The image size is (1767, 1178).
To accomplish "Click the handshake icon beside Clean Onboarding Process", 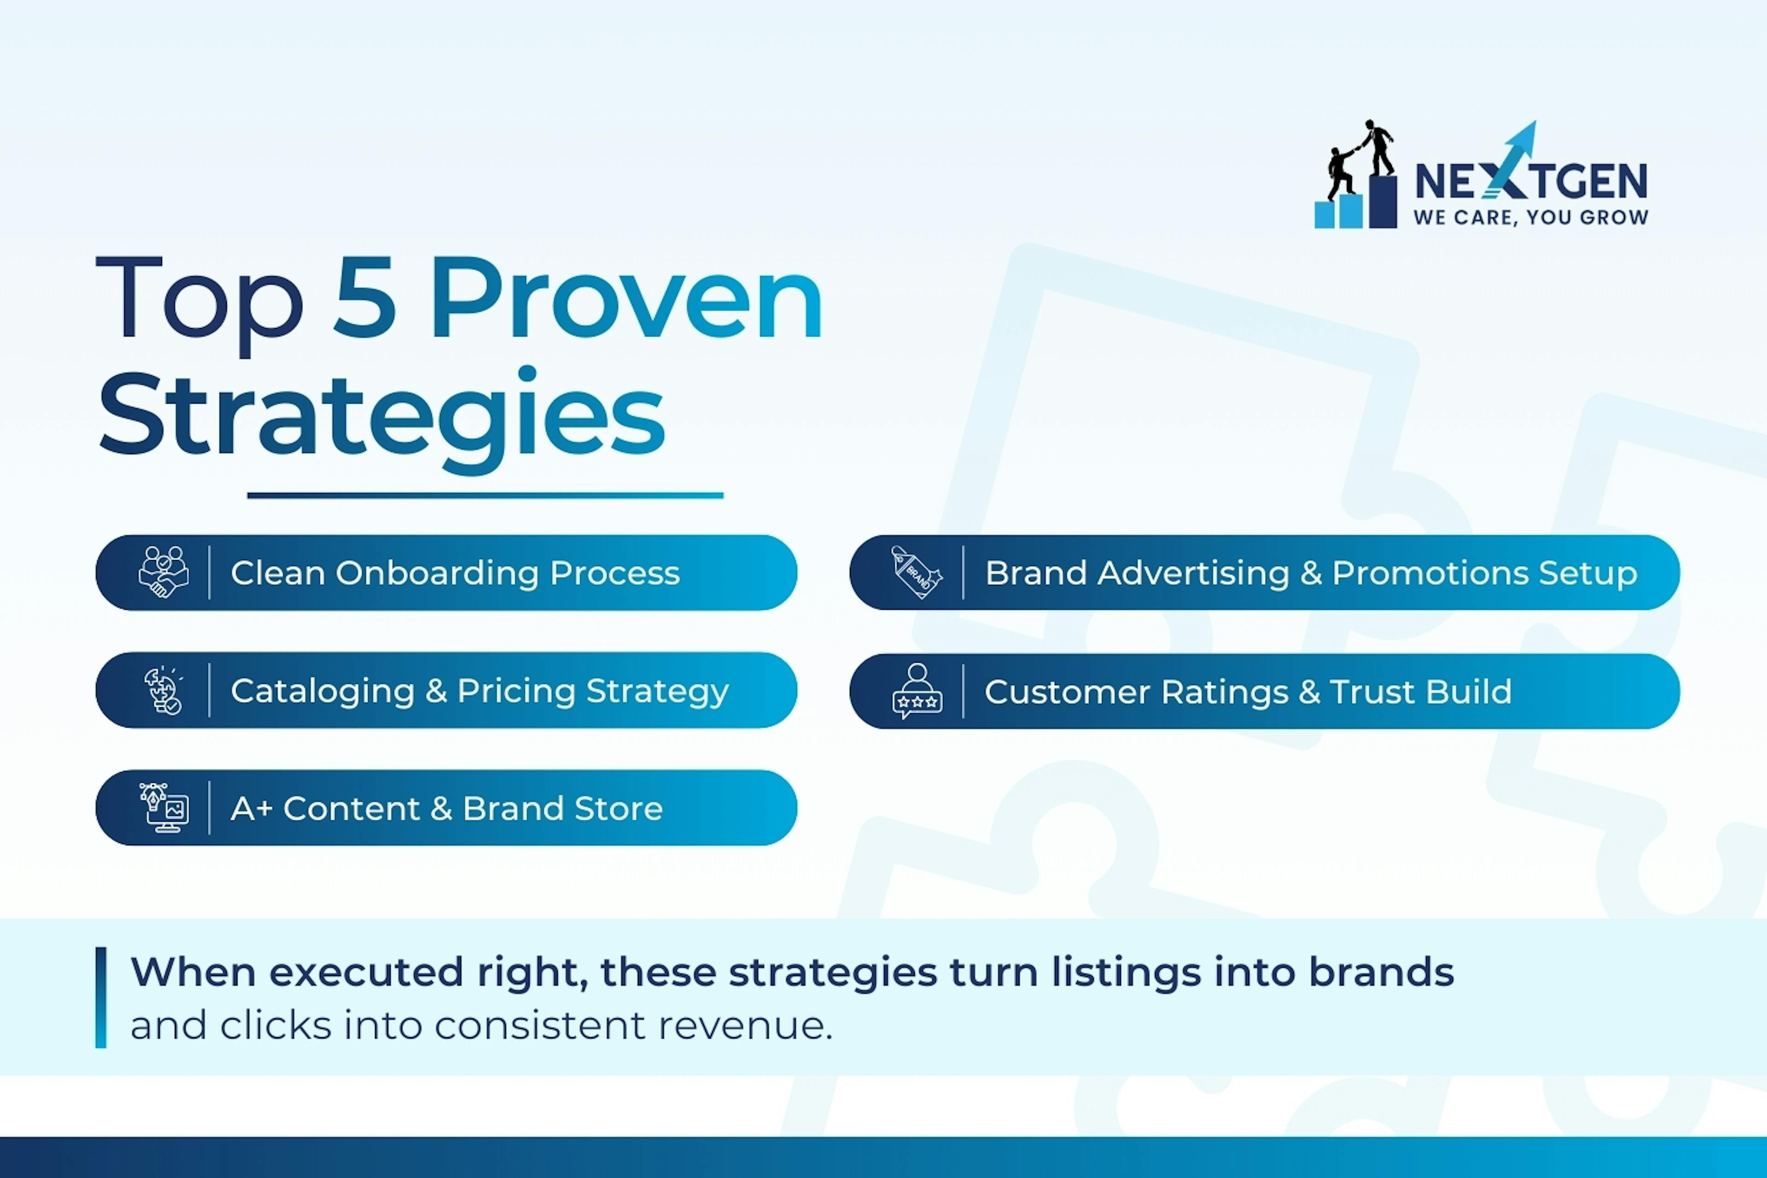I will [164, 572].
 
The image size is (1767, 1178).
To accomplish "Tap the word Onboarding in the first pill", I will [437, 573].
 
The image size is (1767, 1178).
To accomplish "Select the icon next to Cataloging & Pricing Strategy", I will [164, 690].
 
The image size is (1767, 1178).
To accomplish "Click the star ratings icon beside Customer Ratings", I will [917, 691].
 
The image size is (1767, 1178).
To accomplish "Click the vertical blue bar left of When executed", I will [101, 997].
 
